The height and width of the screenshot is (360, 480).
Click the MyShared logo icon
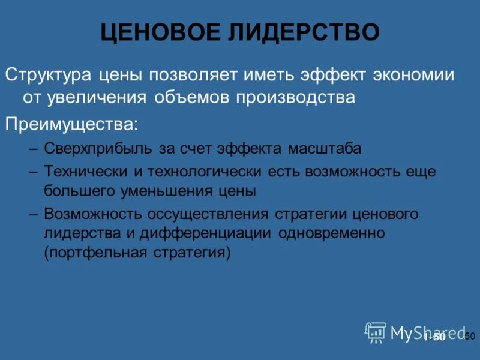point(376,332)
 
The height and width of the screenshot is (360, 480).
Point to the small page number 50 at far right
point(470,336)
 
